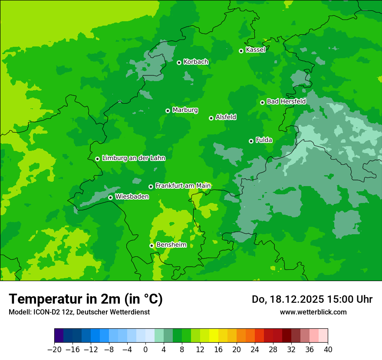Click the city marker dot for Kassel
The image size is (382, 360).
(x=241, y=51)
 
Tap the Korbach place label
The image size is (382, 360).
(x=196, y=62)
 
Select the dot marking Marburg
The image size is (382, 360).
(x=168, y=111)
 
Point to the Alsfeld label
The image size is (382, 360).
(x=226, y=117)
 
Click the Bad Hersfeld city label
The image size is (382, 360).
(x=286, y=101)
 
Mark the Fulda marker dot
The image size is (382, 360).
(x=251, y=141)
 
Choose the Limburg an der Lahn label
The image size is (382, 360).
(x=133, y=158)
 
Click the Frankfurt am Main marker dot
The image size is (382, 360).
(x=151, y=187)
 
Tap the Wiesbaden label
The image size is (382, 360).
(x=132, y=197)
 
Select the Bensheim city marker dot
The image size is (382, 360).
(x=151, y=245)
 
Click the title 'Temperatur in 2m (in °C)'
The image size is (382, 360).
(x=86, y=299)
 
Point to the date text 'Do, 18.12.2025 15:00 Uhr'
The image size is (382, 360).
(x=312, y=299)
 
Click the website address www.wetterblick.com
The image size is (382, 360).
(x=313, y=312)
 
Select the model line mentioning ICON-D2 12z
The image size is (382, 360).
(x=79, y=312)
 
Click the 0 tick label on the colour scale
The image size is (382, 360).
(x=145, y=350)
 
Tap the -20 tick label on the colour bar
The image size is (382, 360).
(x=54, y=350)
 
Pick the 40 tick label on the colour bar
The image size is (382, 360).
(x=328, y=350)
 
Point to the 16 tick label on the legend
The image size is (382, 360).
(x=218, y=350)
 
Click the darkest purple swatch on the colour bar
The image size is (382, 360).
(x=59, y=336)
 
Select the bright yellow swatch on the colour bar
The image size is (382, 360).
(x=214, y=336)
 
